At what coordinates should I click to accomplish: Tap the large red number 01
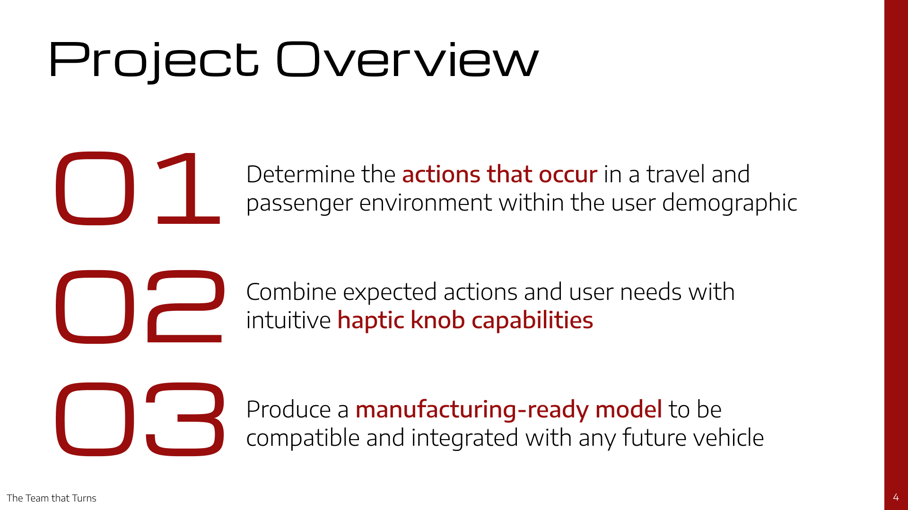138,188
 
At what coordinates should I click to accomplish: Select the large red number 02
139,306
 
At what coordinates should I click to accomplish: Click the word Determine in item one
301,174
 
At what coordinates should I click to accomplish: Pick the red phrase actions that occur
500,174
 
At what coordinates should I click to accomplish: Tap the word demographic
730,204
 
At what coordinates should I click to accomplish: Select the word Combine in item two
291,292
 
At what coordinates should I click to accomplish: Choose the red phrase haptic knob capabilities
465,321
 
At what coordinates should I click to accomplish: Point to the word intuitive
288,320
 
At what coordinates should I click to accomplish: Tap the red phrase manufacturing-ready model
509,410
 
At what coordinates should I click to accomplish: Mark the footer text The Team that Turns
52,498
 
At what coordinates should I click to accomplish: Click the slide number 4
896,497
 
